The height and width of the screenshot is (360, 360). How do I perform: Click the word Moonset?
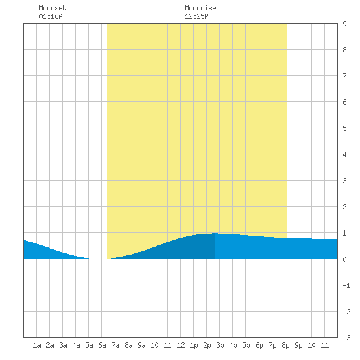(x=52, y=8)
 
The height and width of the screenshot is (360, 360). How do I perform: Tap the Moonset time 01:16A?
(x=50, y=16)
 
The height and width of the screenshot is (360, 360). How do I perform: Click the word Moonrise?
(x=200, y=8)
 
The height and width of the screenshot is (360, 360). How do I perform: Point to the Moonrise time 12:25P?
(x=196, y=16)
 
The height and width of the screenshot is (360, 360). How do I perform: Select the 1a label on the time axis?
(x=37, y=345)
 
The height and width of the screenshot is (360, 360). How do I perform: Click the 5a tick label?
(x=89, y=345)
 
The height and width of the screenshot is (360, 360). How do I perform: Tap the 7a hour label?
(x=115, y=345)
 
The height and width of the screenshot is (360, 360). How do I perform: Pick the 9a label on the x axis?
(x=141, y=345)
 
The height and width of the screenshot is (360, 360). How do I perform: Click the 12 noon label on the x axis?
(x=181, y=345)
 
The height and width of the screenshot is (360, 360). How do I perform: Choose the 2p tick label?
(x=207, y=345)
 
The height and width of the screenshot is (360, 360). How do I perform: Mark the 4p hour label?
(x=233, y=345)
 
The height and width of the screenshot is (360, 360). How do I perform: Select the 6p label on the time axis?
(x=259, y=345)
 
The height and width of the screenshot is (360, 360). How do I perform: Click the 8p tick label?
(x=285, y=345)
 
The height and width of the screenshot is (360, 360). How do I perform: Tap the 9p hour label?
(x=298, y=345)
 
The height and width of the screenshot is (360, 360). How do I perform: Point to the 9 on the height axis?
(x=344, y=24)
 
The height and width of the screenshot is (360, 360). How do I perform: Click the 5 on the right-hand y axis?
(x=344, y=128)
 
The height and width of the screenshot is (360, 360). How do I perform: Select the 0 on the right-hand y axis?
(x=344, y=259)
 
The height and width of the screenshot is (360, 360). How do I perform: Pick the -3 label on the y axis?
(x=346, y=338)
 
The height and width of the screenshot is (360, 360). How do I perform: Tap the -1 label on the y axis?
(x=346, y=285)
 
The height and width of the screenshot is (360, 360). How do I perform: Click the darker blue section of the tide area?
(x=184, y=249)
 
